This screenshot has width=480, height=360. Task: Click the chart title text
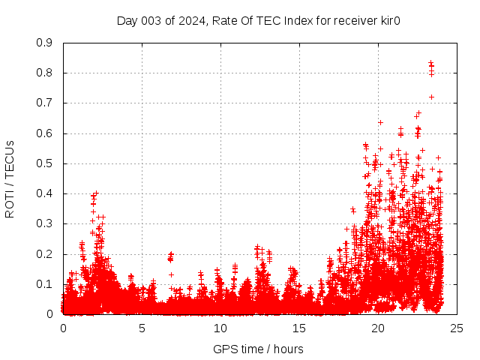258,20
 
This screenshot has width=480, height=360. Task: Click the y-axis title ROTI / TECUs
10,179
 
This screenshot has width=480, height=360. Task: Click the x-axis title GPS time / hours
258,349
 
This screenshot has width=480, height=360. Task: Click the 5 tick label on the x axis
142,328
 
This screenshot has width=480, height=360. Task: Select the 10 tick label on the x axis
220,328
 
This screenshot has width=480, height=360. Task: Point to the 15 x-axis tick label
299,328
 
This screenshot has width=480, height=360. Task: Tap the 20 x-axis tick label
378,328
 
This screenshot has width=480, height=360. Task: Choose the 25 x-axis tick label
457,328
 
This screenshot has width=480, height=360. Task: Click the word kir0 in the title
389,20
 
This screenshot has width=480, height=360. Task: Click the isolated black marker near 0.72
431,97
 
